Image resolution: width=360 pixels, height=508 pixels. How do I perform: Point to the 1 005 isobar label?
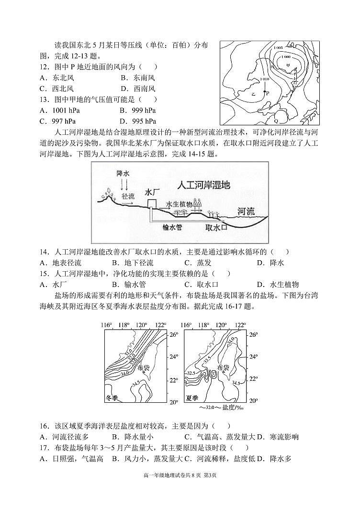pos(278,48)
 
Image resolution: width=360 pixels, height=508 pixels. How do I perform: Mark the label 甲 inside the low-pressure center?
pos(288,65)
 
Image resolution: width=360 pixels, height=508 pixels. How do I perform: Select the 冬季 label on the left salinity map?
pos(114,398)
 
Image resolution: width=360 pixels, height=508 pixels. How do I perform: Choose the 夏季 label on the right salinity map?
pos(193,398)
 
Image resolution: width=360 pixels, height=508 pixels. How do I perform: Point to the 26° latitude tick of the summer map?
pos(254,334)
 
